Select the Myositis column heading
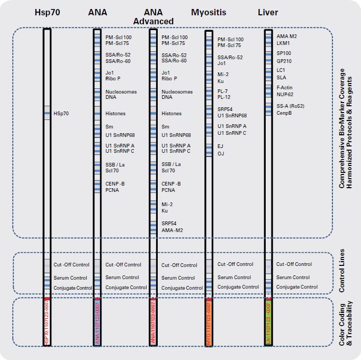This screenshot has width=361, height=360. coord(209,12)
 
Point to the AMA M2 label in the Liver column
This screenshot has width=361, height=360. coord(287,36)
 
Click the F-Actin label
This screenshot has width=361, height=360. coord(284,88)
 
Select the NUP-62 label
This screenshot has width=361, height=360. coord(285,95)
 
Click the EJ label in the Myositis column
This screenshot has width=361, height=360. coord(221,146)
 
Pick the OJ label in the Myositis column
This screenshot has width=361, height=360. coord(221,153)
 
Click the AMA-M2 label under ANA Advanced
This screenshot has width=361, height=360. coord(172,230)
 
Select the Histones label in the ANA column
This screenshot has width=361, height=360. coord(115,113)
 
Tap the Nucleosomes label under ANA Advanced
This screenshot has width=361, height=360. coord(177,91)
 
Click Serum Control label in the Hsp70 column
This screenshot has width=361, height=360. coord(70,278)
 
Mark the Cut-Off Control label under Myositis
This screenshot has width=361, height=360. coord(236,264)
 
